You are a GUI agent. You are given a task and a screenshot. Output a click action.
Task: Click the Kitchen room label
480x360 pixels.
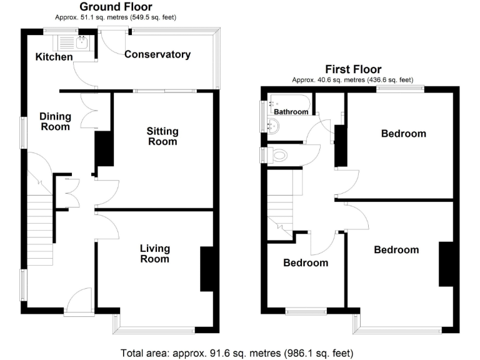54,57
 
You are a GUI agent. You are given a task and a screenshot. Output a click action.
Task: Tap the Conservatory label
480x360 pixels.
157,54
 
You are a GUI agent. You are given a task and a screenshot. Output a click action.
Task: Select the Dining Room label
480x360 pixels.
55,121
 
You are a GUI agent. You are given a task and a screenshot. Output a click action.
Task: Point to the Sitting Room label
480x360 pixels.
162,136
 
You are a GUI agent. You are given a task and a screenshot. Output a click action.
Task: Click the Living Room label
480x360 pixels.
154,254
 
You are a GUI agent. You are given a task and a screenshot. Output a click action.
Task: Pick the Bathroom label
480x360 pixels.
291,112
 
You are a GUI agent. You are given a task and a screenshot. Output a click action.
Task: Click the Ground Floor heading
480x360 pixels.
116,7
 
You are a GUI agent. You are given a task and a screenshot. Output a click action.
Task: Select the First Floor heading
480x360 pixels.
352,69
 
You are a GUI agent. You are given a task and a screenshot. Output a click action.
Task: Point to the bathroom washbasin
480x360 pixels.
272,127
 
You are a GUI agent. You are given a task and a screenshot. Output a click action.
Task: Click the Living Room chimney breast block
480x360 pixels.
206,269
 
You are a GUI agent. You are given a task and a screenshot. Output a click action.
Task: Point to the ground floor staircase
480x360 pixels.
38,219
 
